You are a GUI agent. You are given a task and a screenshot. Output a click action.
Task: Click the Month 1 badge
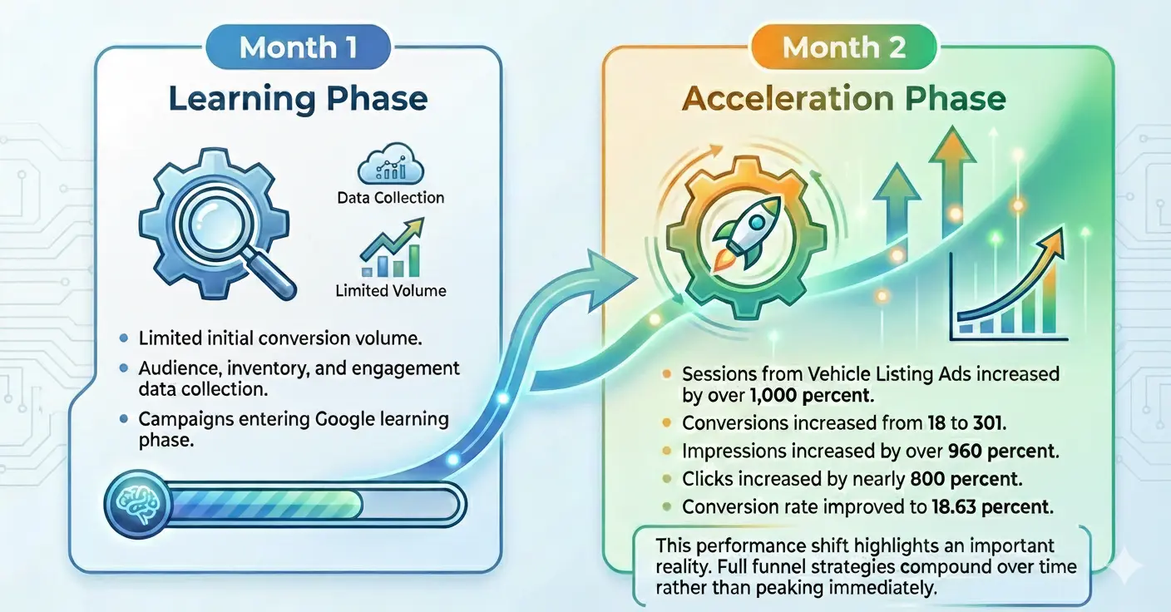299,47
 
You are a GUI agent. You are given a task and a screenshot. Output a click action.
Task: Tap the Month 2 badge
844,47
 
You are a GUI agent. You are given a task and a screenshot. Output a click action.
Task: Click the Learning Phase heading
299,99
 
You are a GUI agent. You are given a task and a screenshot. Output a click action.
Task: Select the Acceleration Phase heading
844,99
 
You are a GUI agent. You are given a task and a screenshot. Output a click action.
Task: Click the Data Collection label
390,198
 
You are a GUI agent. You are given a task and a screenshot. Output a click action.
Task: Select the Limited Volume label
390,291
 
